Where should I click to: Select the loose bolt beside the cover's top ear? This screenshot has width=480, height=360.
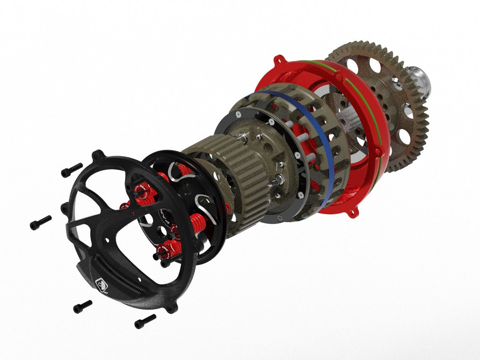point(72,170)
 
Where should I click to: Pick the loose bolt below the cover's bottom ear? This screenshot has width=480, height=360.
point(145,321)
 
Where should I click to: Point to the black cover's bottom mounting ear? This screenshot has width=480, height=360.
point(172,308)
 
